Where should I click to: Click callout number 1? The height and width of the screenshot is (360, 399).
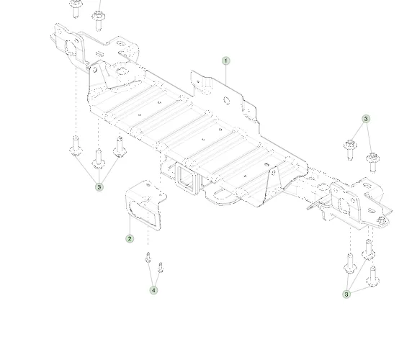[x=226, y=61]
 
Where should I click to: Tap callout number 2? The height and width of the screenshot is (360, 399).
[x=130, y=238]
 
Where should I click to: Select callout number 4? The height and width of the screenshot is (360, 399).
[x=153, y=290]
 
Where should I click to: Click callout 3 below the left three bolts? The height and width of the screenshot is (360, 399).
[x=99, y=187]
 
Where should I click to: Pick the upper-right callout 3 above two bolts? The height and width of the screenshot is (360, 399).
[x=366, y=119]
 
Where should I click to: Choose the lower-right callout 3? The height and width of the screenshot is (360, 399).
[x=346, y=294]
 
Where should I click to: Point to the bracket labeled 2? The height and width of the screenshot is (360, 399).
[x=145, y=204]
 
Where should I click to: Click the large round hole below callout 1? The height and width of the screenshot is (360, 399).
[x=227, y=100]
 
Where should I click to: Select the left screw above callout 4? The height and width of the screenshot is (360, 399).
[x=148, y=258]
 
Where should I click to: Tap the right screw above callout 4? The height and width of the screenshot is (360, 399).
[x=161, y=268]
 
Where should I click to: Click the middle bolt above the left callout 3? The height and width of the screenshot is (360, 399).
[x=99, y=159]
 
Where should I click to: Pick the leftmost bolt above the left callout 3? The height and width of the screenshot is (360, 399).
[x=76, y=145]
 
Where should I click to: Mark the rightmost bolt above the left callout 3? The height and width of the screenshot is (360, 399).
[x=120, y=147]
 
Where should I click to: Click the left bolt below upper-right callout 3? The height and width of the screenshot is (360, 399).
[x=350, y=150]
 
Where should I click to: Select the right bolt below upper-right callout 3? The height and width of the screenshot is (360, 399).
[x=373, y=163]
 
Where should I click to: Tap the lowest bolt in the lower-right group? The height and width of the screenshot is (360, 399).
[x=373, y=276]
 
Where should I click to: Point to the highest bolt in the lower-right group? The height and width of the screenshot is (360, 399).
[x=368, y=250]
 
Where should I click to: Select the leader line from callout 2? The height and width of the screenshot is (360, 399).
[x=130, y=225]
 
